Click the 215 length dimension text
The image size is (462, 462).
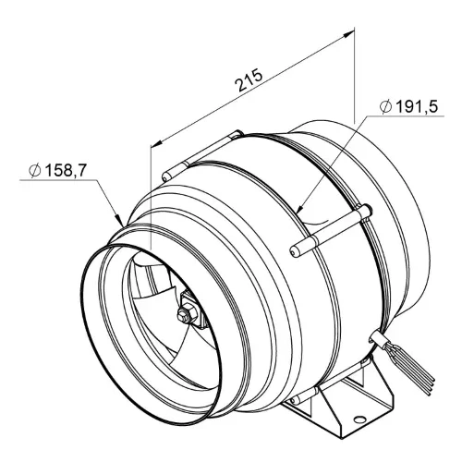[x=249, y=81]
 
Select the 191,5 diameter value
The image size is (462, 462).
[x=417, y=106]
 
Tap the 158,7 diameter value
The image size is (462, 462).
[x=66, y=170]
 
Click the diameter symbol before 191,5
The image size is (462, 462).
[x=386, y=107]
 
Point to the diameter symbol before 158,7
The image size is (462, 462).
[x=35, y=170]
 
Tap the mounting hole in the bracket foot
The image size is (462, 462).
[x=359, y=419]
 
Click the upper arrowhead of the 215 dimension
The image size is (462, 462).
[x=348, y=33]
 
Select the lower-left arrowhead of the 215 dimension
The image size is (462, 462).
[x=157, y=142]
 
